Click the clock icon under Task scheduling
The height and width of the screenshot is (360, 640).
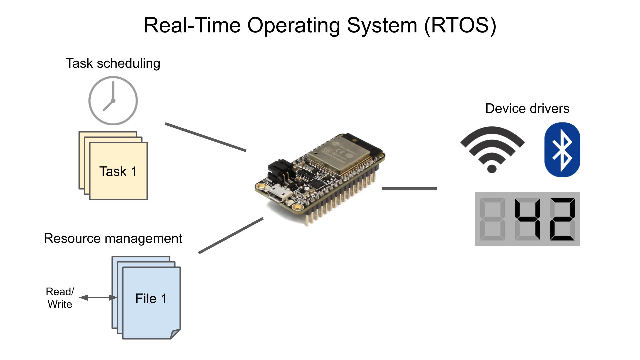click(x=113, y=101)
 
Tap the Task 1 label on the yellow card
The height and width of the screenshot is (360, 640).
click(x=118, y=172)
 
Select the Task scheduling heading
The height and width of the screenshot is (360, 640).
click(x=113, y=63)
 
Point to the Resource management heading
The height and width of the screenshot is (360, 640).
click(x=113, y=239)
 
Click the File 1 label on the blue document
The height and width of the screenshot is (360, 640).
click(x=151, y=299)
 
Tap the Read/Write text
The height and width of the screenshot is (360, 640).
click(x=60, y=298)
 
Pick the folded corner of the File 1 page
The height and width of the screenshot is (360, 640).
click(x=175, y=334)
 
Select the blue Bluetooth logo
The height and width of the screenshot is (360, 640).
click(x=562, y=150)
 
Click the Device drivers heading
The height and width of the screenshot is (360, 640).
click(x=527, y=109)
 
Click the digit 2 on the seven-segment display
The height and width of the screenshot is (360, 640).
click(x=562, y=219)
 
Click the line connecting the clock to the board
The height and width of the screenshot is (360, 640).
click(x=206, y=137)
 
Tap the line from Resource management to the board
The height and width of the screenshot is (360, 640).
click(x=231, y=236)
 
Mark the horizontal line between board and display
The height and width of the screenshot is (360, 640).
click(x=409, y=189)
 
